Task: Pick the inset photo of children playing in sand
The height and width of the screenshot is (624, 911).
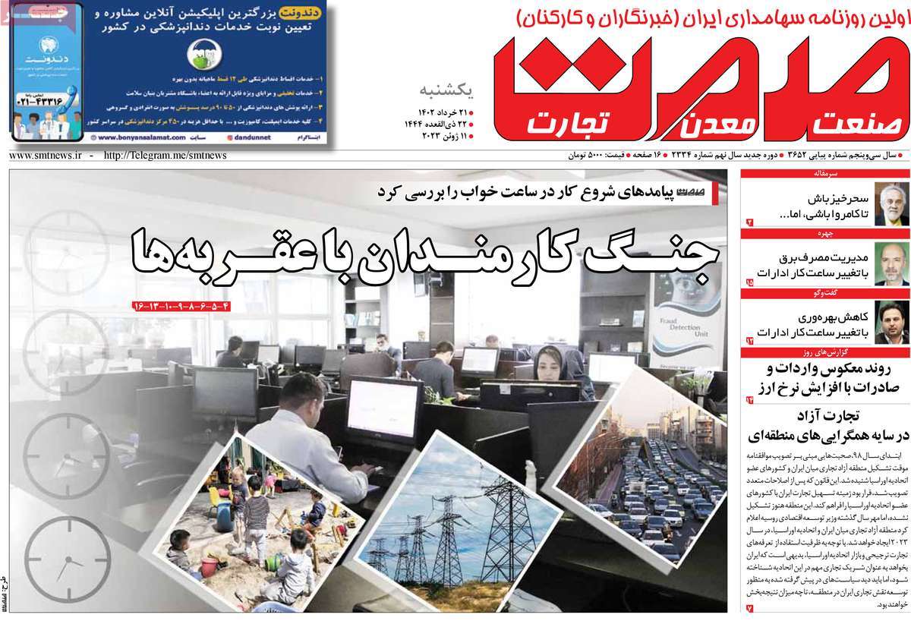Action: pyautogui.click(x=258, y=524)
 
